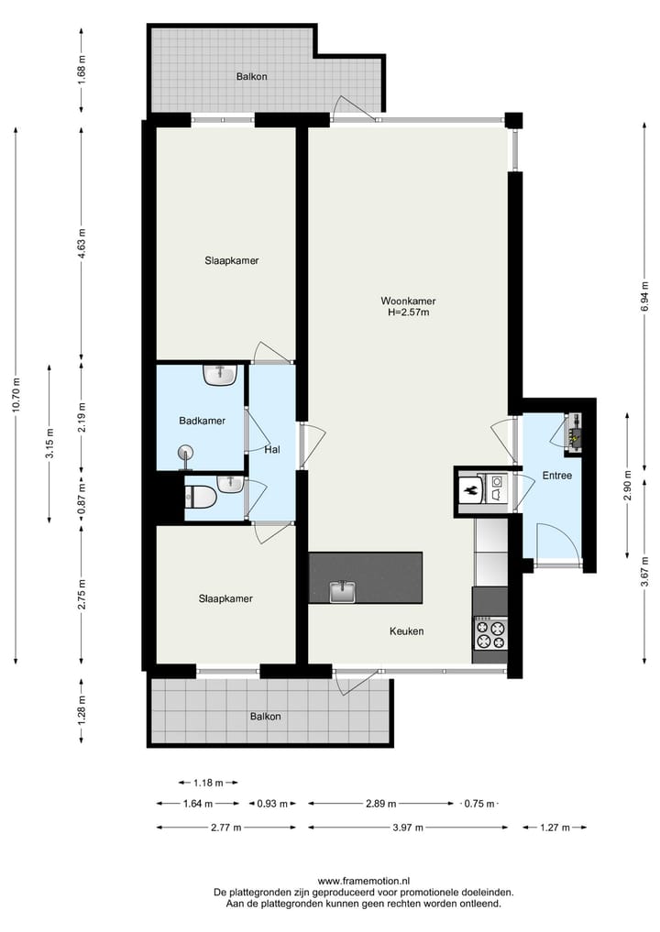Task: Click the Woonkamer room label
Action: pos(408,301)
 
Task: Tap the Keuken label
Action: pos(406,631)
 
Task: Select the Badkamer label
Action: pos(202,421)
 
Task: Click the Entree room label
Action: pos(556,475)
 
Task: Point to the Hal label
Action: pos(271,450)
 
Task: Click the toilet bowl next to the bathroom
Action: pos(201,498)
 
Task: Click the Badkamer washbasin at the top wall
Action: pos(220,374)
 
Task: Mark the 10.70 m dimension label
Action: pos(16,395)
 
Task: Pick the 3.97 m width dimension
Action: pos(407,828)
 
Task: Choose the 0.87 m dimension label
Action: pos(82,498)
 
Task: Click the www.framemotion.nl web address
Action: pos(364,881)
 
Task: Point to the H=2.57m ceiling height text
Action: pos(408,312)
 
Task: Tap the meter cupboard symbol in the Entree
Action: pos(575,431)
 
